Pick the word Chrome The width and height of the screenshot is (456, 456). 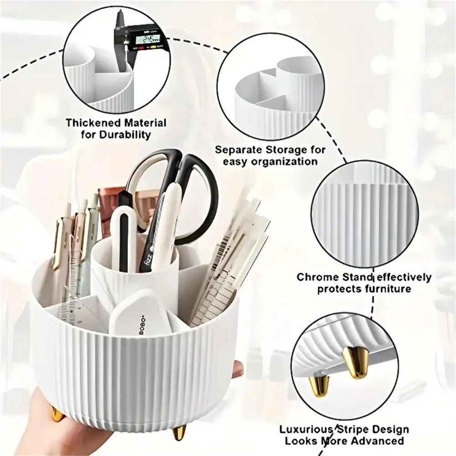point(316,277)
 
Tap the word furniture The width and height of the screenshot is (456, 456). point(388,289)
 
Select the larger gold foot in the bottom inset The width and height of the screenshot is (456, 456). point(354,360)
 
